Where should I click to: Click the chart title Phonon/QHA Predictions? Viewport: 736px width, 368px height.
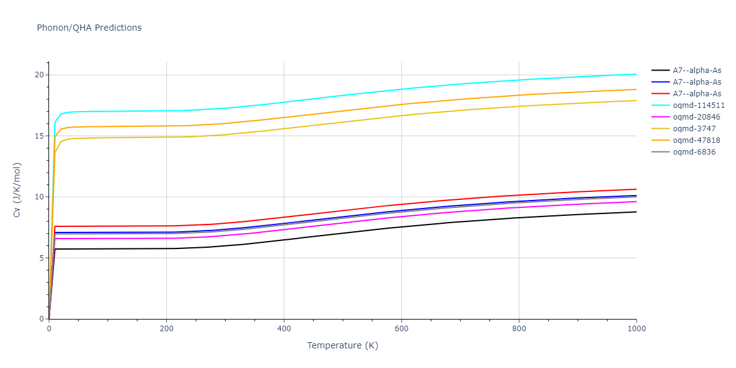pyautogui.click(x=89, y=28)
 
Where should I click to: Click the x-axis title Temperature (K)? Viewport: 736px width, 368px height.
pyautogui.click(x=343, y=345)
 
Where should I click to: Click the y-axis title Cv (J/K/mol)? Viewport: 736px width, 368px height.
pyautogui.click(x=17, y=190)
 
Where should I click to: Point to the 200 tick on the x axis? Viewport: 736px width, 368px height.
pyautogui.click(x=166, y=329)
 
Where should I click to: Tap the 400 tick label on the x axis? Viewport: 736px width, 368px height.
pyautogui.click(x=283, y=329)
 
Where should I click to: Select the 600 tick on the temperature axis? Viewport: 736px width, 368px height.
pyautogui.click(x=401, y=329)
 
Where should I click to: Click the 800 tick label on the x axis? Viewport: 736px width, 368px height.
pyautogui.click(x=519, y=329)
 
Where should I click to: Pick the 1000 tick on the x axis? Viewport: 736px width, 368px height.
pyautogui.click(x=636, y=329)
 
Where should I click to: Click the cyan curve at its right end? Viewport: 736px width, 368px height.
pyautogui.click(x=636, y=74)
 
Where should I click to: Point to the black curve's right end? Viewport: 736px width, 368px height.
pyautogui.click(x=636, y=212)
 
